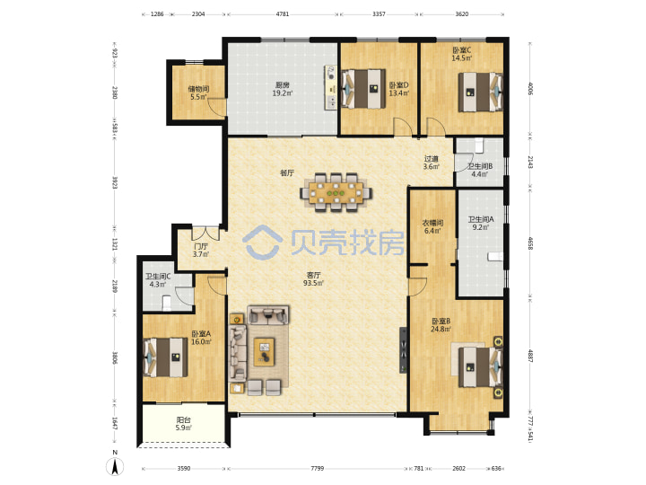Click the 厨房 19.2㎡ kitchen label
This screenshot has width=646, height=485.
[x=283, y=89]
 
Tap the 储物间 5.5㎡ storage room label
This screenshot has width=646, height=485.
[x=198, y=93]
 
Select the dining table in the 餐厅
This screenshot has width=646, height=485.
[x=336, y=192]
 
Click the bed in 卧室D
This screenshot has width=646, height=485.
[x=363, y=89]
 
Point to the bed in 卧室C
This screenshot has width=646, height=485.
[x=481, y=92]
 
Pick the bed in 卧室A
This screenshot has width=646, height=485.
[x=165, y=357]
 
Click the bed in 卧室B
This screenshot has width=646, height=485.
[x=481, y=367]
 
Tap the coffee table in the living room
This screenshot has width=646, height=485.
[x=264, y=351]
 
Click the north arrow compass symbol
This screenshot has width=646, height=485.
[x=116, y=464]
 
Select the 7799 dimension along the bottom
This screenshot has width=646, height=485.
[x=318, y=468]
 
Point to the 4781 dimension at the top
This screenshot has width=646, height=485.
[x=283, y=13]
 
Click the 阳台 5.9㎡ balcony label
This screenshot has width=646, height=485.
[x=184, y=424]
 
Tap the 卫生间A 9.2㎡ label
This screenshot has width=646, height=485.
[x=480, y=223]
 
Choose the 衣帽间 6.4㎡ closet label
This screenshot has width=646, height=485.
[x=432, y=227]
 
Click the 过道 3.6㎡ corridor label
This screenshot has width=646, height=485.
[x=432, y=163]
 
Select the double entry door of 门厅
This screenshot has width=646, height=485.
[x=205, y=233]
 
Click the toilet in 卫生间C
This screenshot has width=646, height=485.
[x=167, y=303]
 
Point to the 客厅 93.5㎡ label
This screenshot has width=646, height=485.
[x=313, y=278]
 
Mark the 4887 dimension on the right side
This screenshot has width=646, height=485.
[x=530, y=356]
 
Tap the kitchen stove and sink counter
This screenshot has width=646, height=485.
[x=330, y=87]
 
